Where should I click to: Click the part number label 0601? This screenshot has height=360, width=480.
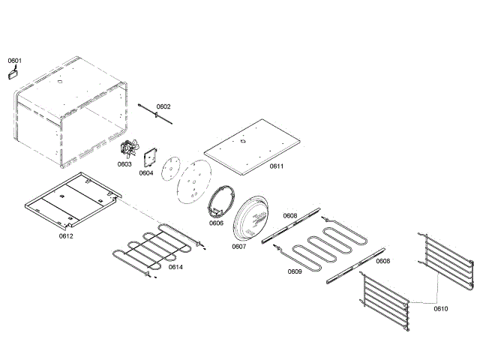[15, 60]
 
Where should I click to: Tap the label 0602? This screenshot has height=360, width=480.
[163, 106]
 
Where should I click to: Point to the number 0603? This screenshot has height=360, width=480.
[124, 163]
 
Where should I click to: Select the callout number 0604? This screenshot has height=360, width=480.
[146, 172]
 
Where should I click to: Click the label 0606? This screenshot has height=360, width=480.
[216, 223]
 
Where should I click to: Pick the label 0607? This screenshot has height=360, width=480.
[238, 246]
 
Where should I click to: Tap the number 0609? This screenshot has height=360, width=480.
[295, 271]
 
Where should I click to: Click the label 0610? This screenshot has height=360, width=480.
[441, 307]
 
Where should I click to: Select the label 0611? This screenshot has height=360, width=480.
[277, 166]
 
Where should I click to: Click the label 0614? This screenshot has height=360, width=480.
[175, 267]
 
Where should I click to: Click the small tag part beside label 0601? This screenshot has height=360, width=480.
[13, 73]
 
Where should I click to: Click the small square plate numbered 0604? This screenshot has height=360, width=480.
[149, 160]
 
